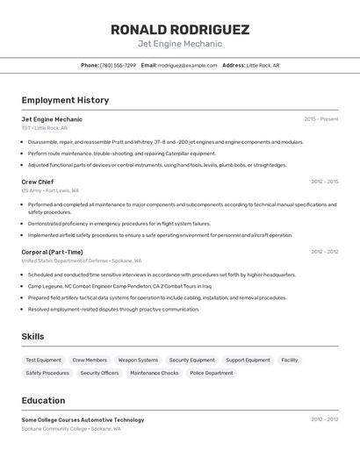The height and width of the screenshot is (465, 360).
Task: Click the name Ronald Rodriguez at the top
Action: coord(179,29)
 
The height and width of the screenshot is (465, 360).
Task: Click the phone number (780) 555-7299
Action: coord(118,65)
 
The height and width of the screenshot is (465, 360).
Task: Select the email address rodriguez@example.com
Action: coord(187,65)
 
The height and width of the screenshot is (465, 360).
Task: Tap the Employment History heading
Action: coord(65,100)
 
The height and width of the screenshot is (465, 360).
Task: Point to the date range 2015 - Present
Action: coord(320,118)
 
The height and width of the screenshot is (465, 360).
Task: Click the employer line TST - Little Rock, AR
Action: coord(44,128)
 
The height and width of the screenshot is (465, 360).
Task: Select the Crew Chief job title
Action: coord(38,182)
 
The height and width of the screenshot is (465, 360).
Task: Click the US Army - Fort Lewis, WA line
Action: coord(50,190)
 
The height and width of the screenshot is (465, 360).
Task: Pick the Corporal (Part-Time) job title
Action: coord(53,252)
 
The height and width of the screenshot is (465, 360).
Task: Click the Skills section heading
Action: coord(32,336)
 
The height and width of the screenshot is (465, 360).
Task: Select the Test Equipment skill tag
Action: coord(43,360)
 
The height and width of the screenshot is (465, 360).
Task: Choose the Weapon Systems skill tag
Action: coord(138,360)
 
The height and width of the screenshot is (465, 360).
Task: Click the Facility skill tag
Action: coord(290,360)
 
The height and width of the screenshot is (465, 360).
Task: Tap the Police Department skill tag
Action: coord(212,373)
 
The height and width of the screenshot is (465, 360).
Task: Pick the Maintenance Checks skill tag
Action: coord(155,373)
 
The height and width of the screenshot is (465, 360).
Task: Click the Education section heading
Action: coord(43,400)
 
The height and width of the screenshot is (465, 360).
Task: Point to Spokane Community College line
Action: coord(71,429)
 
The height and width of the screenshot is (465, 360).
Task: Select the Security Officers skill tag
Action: coord(99,373)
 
